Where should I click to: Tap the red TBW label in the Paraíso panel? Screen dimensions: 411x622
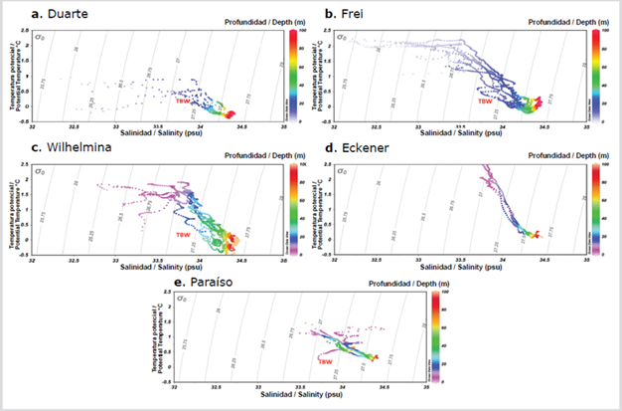(x=325, y=362)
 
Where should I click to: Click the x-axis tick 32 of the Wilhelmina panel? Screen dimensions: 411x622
(x=32, y=258)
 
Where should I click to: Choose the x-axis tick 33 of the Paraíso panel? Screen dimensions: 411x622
(x=257, y=387)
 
